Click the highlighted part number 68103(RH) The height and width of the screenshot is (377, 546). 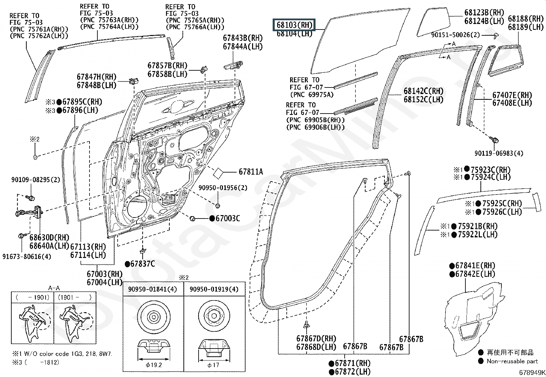pos(294,25)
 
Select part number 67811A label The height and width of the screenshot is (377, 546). pos(251,172)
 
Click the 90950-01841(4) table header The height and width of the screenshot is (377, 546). pos(152,289)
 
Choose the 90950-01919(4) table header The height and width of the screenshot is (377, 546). pos(214,289)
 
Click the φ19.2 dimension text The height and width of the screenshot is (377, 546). pos(154,365)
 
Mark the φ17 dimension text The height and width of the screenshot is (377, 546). pos(213,365)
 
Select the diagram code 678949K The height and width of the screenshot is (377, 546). pos(532,372)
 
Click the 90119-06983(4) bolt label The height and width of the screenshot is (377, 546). pos(499,153)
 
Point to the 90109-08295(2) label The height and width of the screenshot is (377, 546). pos(36,180)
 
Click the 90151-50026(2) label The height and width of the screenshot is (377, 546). pos(455,35)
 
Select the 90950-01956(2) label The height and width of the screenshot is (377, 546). pos(223,188)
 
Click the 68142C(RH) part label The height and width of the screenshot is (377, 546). pos(424,91)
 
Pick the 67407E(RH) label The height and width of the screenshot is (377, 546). pos(512,95)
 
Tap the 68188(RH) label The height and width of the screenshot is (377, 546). pos(526,19)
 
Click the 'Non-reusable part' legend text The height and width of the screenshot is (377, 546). pos(512,361)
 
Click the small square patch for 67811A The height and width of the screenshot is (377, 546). pos(218,173)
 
